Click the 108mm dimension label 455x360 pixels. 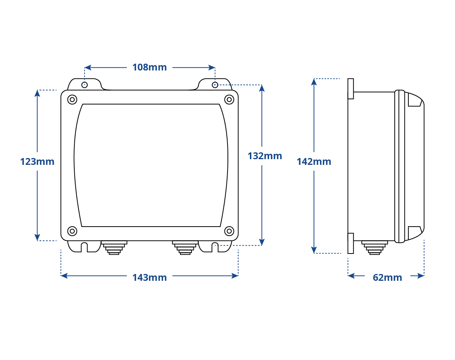pyautogui.click(x=149, y=67)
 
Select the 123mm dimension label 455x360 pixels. pyautogui.click(x=37, y=161)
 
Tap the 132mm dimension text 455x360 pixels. pyautogui.click(x=265, y=156)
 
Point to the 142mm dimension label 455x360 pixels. pyautogui.click(x=314, y=161)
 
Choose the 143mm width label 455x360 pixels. pyautogui.click(x=149, y=277)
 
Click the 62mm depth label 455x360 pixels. pyautogui.click(x=388, y=277)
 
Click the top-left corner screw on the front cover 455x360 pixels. pyautogui.click(x=72, y=99)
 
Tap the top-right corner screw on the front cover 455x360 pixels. pyautogui.click(x=229, y=99)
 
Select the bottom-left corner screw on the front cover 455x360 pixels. pyautogui.click(x=72, y=231)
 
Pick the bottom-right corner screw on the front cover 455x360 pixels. pyautogui.click(x=229, y=231)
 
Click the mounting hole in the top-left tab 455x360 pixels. pyautogui.click(x=85, y=85)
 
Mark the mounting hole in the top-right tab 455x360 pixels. pyautogui.click(x=215, y=85)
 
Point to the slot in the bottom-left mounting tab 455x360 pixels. pyautogui.click(x=84, y=247)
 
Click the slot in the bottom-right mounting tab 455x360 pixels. pyautogui.click(x=215, y=247)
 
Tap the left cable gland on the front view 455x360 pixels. pyautogui.click(x=114, y=247)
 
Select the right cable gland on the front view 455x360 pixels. pyautogui.click(x=185, y=247)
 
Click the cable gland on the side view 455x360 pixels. pyautogui.click(x=375, y=247)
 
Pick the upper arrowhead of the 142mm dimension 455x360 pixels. pyautogui.click(x=314, y=82)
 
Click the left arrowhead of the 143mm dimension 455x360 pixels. pyautogui.click(x=64, y=275)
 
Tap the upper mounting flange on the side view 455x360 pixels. pyautogui.click(x=351, y=89)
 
